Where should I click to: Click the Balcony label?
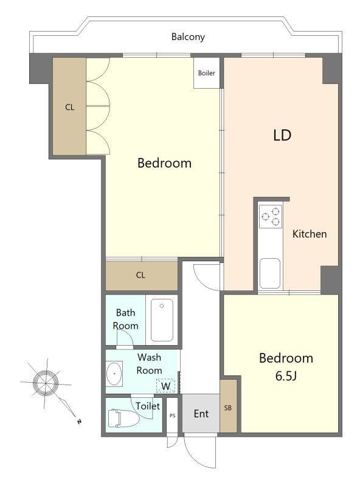(x=188, y=37)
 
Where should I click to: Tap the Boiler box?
(x=206, y=73)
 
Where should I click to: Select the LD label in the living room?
(x=282, y=135)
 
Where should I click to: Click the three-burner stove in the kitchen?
(x=271, y=216)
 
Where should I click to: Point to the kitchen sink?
(x=269, y=273)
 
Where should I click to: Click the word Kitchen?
(x=310, y=234)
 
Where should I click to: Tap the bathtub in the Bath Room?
(x=162, y=320)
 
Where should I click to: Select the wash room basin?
(x=114, y=373)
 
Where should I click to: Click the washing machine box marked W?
(x=166, y=386)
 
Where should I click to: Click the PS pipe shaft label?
(x=173, y=416)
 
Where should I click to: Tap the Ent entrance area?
(x=201, y=413)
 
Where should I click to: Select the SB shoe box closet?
(x=229, y=406)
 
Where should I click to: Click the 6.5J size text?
(x=286, y=376)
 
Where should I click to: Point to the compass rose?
(x=46, y=383)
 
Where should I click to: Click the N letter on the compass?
(x=80, y=422)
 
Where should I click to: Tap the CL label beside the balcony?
(x=69, y=108)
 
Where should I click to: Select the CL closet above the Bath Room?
(x=142, y=275)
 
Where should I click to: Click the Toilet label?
(x=148, y=406)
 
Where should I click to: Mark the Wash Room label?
(x=149, y=364)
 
